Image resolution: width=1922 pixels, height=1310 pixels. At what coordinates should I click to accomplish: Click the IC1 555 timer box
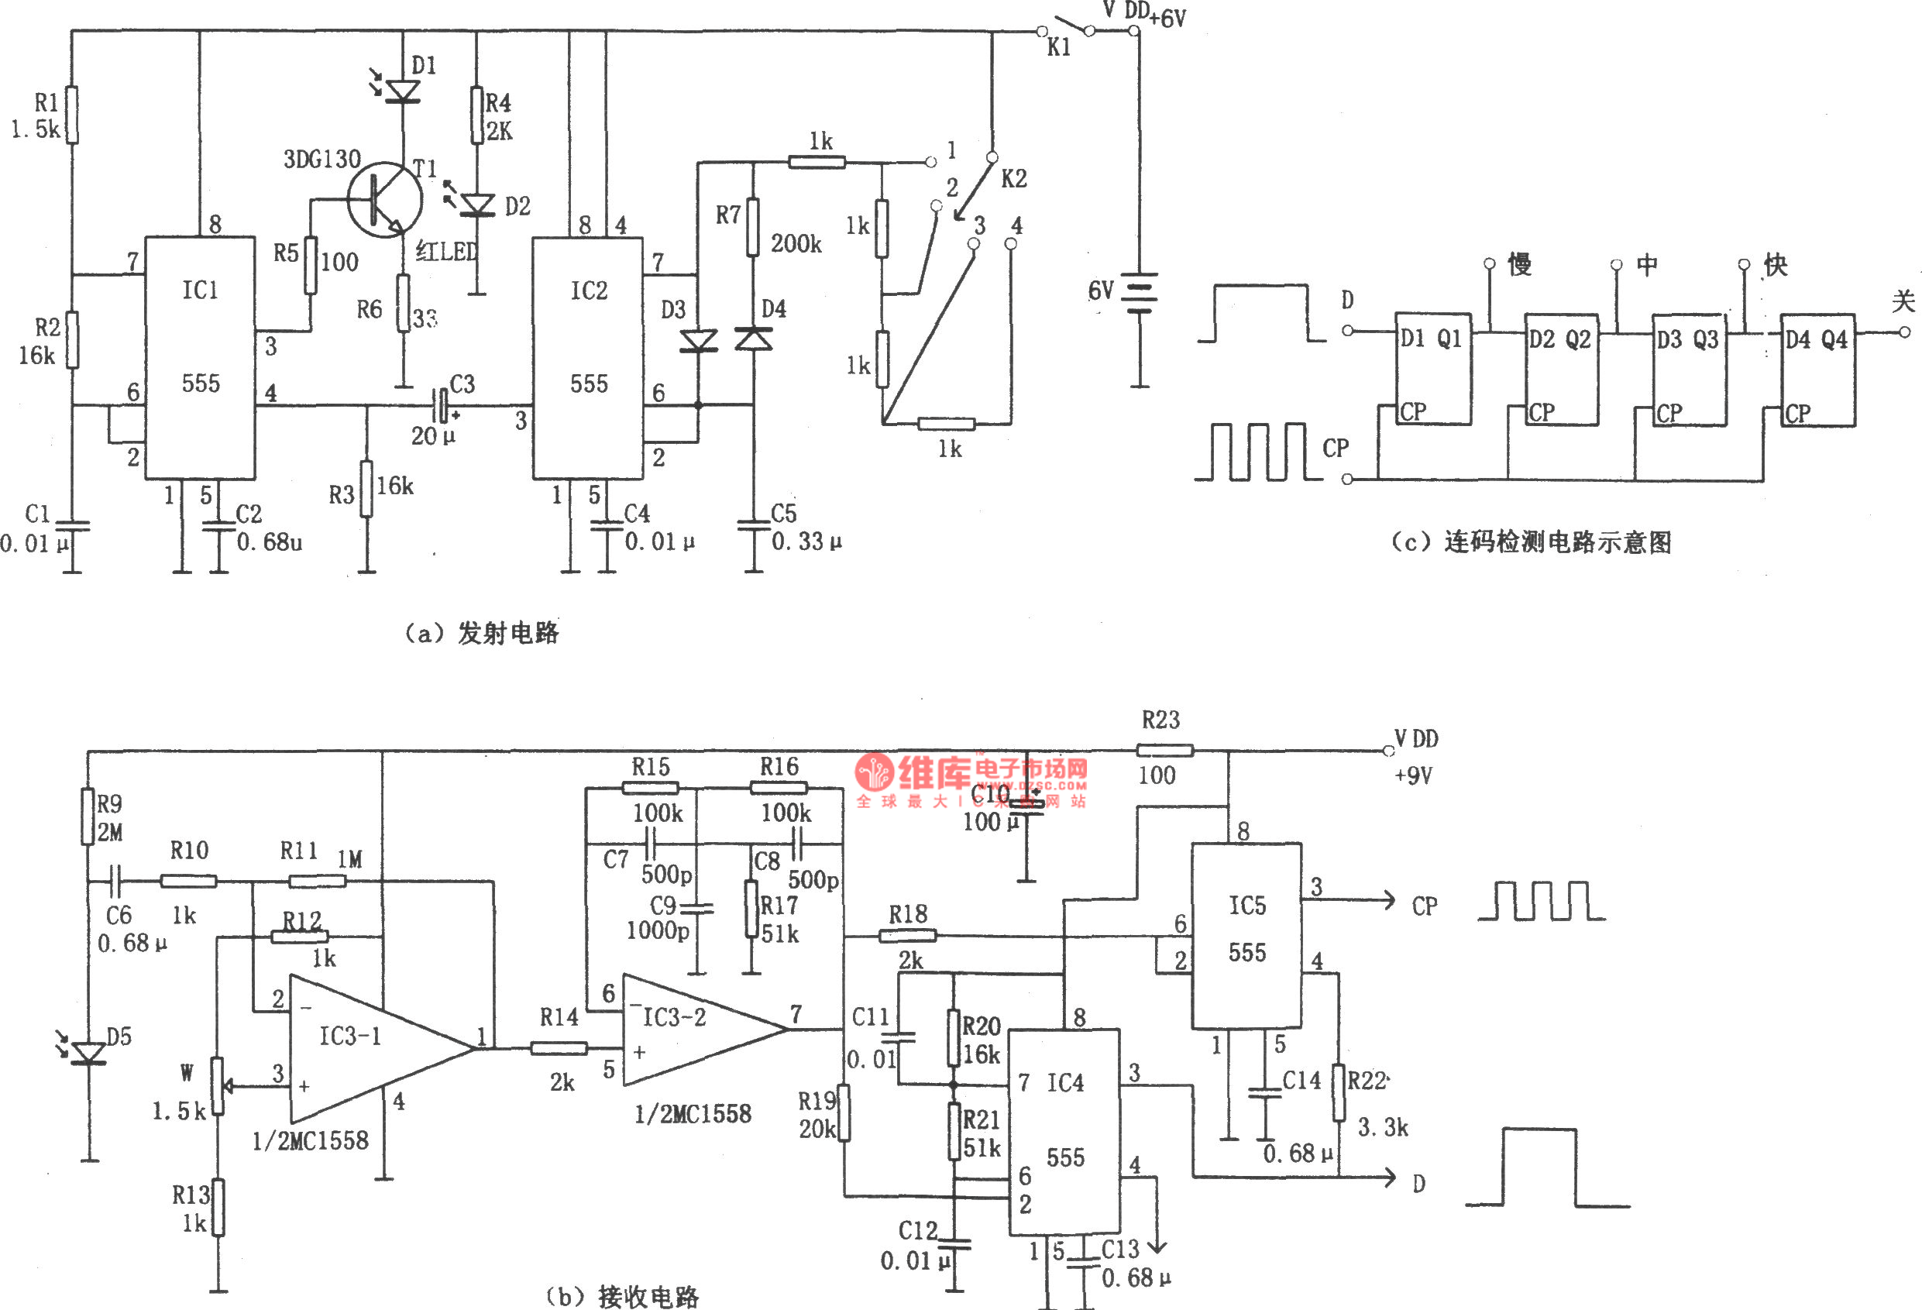click(x=199, y=357)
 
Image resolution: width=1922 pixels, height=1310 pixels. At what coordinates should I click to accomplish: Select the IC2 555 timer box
click(x=587, y=357)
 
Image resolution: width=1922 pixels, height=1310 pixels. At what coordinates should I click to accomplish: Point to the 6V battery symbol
click(x=1140, y=293)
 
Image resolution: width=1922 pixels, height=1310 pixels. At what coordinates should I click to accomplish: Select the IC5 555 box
click(x=1246, y=935)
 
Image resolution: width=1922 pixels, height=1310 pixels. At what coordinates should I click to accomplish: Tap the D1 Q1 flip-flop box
click(x=1432, y=368)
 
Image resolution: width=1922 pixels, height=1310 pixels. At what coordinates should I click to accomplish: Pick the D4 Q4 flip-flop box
click(x=1817, y=369)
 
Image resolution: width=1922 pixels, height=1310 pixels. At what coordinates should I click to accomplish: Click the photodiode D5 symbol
click(x=89, y=1053)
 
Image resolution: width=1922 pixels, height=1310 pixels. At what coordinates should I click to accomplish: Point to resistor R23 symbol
click(x=1164, y=750)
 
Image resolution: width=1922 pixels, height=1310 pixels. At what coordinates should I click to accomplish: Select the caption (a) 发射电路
click(x=481, y=634)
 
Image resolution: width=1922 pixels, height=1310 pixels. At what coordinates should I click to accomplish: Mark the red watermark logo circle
click(x=873, y=772)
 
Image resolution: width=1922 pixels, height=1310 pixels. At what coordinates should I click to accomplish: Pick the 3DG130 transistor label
click(x=321, y=159)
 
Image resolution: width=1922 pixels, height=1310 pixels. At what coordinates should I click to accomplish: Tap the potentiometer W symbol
click(x=218, y=1085)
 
